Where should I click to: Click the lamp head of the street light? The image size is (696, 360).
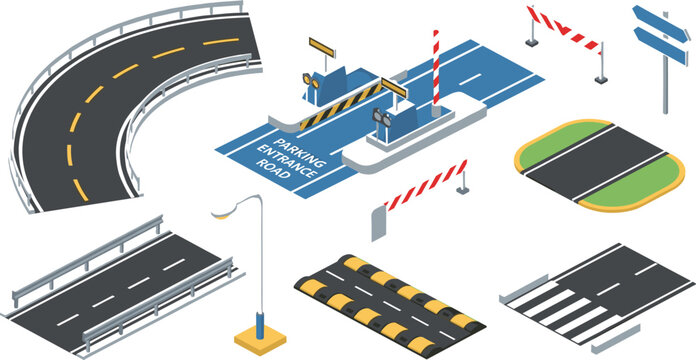click(x=223, y=211)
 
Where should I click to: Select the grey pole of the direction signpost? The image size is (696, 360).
click(x=665, y=85)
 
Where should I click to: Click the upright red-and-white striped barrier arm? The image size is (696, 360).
click(x=436, y=66)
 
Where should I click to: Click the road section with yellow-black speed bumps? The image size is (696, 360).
click(x=390, y=300)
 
